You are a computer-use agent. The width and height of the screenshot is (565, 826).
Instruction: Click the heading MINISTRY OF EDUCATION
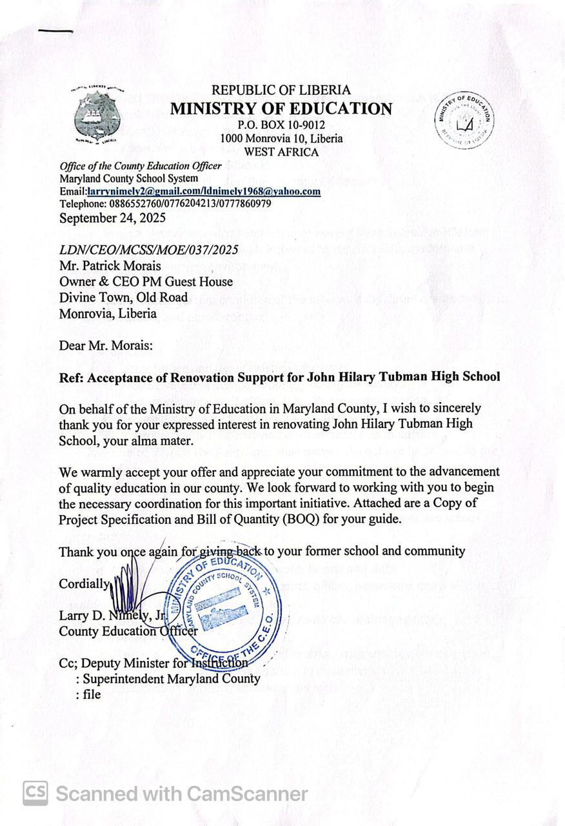281,108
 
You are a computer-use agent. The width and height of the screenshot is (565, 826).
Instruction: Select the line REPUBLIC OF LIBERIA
281,90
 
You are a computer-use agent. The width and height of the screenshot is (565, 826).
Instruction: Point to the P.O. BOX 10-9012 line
281,125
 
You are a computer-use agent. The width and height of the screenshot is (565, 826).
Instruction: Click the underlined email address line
190,191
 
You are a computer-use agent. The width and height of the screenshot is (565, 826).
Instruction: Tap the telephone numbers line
165,203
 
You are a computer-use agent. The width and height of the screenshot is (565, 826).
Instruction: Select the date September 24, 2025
112,217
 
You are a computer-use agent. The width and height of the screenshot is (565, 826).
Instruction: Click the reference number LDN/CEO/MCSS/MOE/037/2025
149,249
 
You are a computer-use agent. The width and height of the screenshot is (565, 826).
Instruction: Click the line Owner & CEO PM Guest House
146,281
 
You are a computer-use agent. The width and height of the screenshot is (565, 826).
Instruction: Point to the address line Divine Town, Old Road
123,297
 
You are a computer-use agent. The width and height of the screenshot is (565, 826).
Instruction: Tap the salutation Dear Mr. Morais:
106,345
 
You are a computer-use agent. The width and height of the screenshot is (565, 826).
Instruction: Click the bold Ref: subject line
279,376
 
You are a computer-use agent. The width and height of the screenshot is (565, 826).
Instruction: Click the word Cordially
84,583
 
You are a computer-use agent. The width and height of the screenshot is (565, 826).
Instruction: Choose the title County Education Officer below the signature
128,631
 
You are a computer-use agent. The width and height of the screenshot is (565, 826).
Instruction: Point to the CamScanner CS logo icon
35,793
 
